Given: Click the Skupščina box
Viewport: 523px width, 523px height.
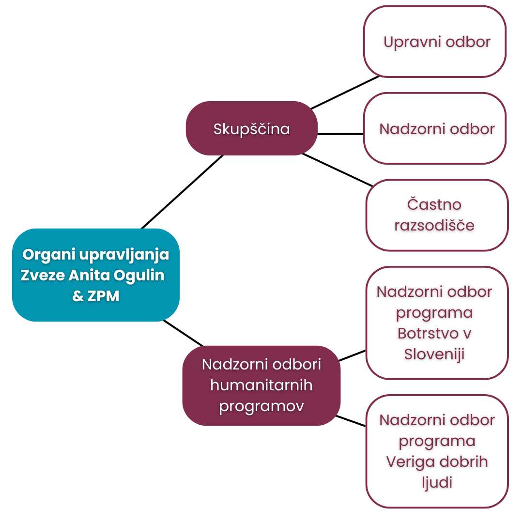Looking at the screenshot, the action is [251, 128].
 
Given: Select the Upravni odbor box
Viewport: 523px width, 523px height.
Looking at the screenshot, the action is [435, 42].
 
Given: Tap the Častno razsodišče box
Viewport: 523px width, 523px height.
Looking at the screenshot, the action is [437, 215].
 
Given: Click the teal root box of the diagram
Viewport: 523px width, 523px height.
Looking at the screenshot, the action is [96, 275].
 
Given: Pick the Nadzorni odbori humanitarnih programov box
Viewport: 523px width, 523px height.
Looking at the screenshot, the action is [261, 385].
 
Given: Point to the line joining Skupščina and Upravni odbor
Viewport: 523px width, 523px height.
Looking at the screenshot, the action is [345, 92].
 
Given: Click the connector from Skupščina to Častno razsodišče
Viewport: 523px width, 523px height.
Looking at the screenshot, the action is [337, 169].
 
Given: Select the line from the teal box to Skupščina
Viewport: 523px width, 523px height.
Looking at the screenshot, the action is [182, 192].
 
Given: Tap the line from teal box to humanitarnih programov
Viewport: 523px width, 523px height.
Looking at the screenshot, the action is [183, 333].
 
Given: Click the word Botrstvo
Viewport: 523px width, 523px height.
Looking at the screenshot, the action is [428, 333].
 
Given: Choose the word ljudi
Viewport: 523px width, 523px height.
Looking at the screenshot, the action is [437, 483].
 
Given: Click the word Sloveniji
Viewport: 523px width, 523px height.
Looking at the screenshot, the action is [434, 354].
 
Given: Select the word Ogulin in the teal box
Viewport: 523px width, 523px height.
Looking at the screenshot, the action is [139, 275].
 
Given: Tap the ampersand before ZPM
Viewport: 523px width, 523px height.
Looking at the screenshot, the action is [78, 296].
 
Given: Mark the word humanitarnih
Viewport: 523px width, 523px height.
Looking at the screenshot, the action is [261, 385].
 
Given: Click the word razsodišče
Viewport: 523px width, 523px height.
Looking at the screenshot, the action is [434, 226].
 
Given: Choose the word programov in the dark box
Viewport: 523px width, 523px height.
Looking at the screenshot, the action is [261, 406].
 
